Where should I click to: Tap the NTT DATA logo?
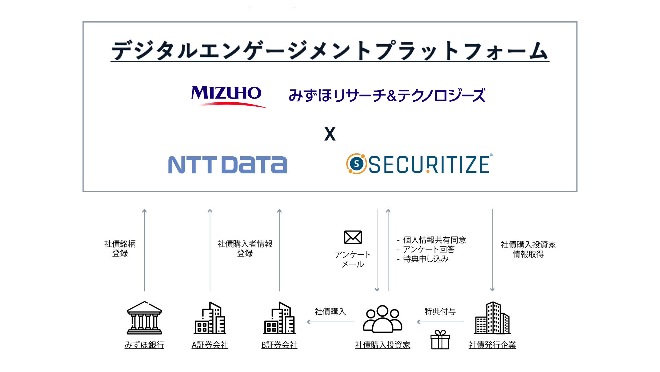(227, 165)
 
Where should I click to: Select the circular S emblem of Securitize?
(356, 164)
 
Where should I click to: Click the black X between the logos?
(330, 134)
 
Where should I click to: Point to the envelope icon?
(353, 237)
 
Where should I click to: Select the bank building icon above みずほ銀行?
(144, 318)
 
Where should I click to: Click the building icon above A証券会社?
(210, 318)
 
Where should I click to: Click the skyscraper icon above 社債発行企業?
(492, 318)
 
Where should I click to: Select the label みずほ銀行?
(144, 345)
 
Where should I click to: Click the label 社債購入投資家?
(382, 345)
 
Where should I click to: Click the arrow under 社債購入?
(330, 322)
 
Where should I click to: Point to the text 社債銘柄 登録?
(120, 248)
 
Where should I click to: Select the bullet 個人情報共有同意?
(434, 240)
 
